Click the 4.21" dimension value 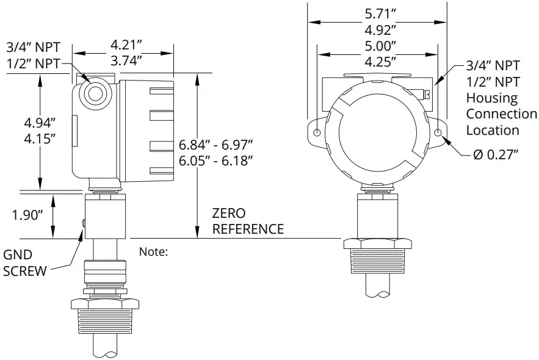(127, 45)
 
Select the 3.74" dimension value (127, 60)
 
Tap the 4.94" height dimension (37, 122)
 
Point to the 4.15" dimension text (37, 138)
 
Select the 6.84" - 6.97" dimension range (216, 144)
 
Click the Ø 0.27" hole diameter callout (496, 154)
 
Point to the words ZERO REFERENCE (247, 221)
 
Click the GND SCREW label (25, 263)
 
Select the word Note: (153, 251)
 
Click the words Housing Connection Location (501, 114)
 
